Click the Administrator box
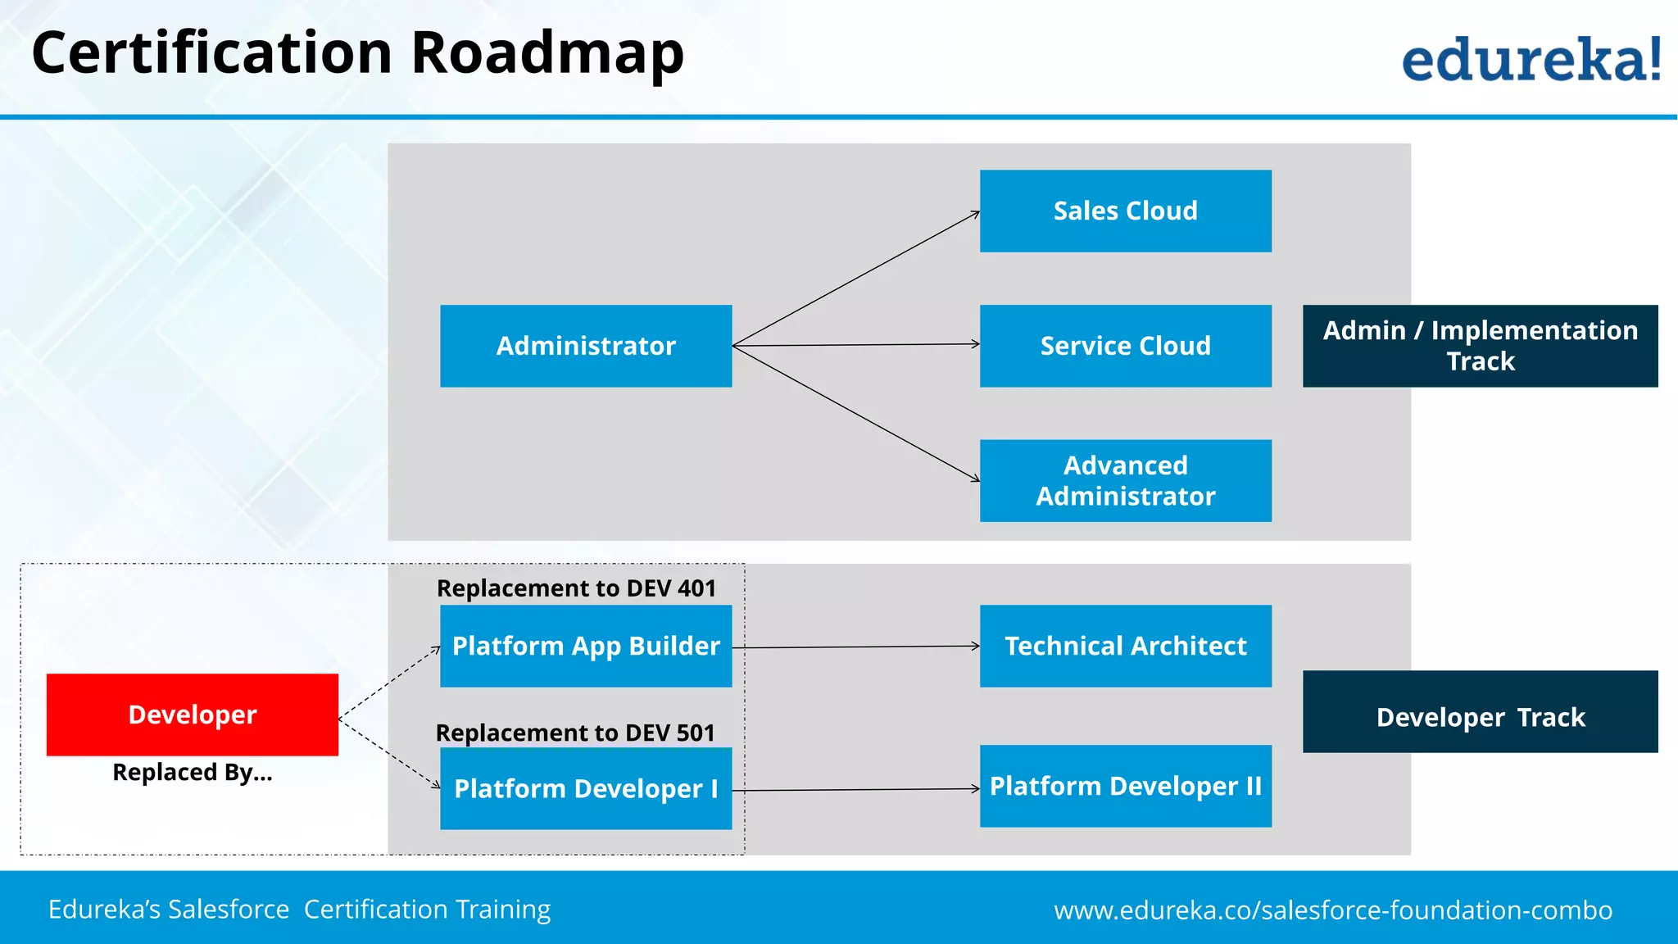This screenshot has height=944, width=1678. coord(586,346)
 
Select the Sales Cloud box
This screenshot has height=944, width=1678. coord(1125,211)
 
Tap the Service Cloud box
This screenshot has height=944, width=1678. coord(1125,346)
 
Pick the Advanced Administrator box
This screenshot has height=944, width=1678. coord(1125,480)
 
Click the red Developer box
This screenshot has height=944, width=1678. coord(193,715)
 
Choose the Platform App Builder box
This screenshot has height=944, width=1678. coord(586,646)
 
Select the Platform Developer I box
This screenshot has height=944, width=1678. coord(586,788)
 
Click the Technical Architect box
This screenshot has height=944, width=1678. coord(1125,646)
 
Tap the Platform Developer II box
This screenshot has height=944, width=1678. coord(1125,786)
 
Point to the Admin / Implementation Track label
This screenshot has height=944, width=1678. coord(1480,346)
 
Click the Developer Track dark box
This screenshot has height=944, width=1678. coord(1480,712)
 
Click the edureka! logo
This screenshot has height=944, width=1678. coord(1531,59)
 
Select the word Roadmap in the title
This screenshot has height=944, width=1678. coord(546,53)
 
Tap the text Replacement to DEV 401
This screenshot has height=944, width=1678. coord(576,588)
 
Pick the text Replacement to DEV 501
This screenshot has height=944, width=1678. coord(575,733)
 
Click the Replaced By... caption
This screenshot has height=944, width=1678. coord(193,773)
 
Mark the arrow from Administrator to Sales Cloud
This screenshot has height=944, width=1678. coord(856,279)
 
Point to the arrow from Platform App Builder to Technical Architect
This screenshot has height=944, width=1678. coord(856,647)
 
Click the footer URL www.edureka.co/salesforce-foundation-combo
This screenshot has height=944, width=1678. coord(1333,910)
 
